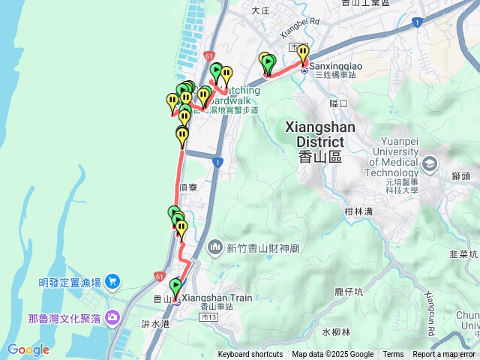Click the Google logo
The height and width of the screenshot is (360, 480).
click(x=28, y=349)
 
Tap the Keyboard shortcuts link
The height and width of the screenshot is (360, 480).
click(x=250, y=355)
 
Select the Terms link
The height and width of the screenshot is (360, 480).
click(x=393, y=355)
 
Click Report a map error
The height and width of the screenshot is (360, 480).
click(x=444, y=355)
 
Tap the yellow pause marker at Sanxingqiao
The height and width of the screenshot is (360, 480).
click(x=303, y=52)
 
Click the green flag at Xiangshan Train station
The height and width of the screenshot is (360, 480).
click(x=176, y=286)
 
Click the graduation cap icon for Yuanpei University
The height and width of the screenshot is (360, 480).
click(x=430, y=163)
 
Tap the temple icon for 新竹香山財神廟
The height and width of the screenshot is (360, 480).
click(x=215, y=246)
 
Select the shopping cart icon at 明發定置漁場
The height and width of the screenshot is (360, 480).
click(x=112, y=282)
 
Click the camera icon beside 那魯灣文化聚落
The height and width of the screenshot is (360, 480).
click(x=113, y=318)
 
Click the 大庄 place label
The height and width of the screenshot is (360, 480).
click(x=260, y=10)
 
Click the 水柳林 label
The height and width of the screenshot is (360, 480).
click(x=336, y=331)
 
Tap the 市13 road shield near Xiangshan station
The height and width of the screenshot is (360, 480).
click(x=208, y=318)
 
